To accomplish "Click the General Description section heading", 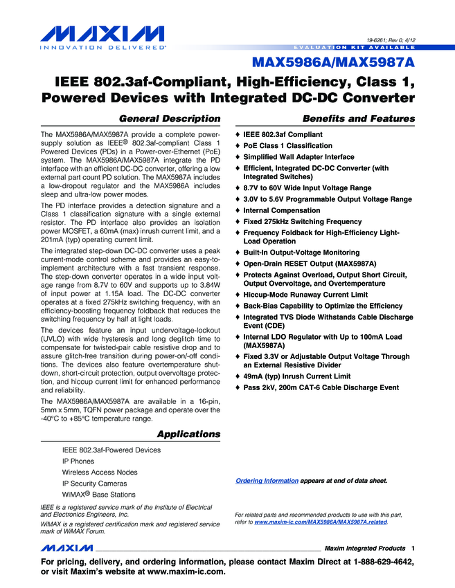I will coord(170,118).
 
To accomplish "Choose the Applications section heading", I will coord(188,434).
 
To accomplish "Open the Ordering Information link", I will coord(267,480).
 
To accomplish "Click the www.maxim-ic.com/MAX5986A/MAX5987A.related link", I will coord(321,523).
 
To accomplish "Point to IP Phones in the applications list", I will coord(78,461).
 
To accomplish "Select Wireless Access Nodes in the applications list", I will coord(100,472).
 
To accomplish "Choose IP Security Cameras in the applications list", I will coord(94,483).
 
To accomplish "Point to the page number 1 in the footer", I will coord(412,548).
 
